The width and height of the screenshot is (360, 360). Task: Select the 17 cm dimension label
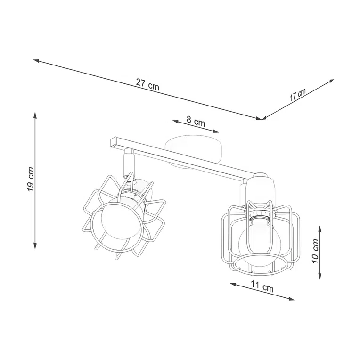(297, 94)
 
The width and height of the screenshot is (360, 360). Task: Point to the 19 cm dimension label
(30, 180)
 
